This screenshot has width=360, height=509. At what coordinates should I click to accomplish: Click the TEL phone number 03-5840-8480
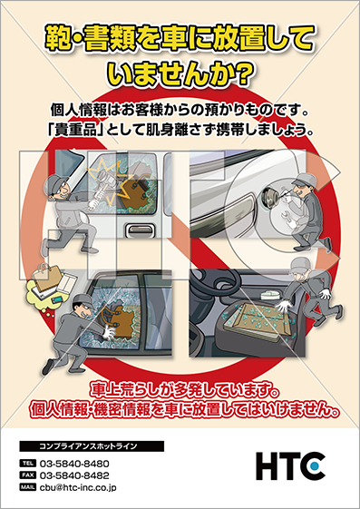point(74,464)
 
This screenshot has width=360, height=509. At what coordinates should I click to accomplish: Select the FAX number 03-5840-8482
point(74,475)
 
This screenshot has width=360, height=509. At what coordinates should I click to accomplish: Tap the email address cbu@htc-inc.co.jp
point(78,487)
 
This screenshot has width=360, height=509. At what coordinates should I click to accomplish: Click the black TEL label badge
point(28,463)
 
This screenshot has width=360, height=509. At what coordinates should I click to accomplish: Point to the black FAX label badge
point(28,475)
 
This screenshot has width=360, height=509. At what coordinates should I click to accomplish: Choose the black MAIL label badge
point(28,487)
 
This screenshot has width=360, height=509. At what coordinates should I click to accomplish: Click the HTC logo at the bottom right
point(290,465)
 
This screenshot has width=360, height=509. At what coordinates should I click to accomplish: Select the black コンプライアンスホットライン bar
point(92,446)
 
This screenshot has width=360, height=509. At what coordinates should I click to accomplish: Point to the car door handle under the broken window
point(139,230)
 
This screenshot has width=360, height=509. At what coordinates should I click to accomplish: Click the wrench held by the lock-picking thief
point(287,217)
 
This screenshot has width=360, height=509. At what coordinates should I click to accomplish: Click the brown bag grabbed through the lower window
point(120,319)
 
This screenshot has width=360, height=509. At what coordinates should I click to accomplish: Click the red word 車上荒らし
point(124,391)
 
